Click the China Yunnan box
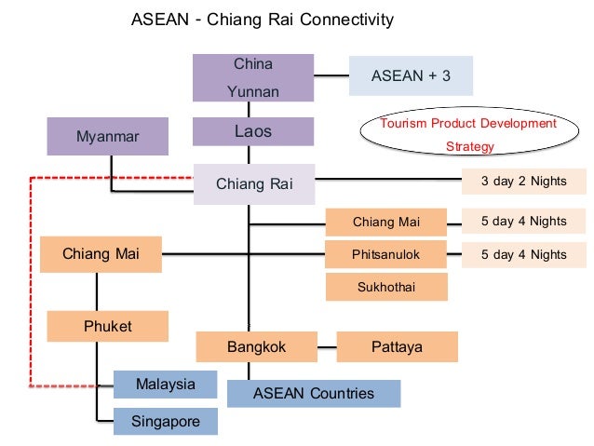[x=253, y=78]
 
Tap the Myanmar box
[x=107, y=137]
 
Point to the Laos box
[x=253, y=131]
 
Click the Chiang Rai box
[x=253, y=183]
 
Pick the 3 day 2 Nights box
[x=524, y=182]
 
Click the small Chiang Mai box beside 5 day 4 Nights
[x=386, y=222]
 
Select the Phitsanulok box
[x=386, y=254]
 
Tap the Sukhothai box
[x=386, y=286]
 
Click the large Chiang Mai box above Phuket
[x=101, y=254]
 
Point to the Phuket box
[x=108, y=327]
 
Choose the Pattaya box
[x=397, y=347]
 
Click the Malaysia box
[x=166, y=385]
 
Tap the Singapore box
[x=166, y=421]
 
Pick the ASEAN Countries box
[x=314, y=393]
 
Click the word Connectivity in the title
[x=345, y=20]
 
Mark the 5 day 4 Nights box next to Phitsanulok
[x=524, y=254]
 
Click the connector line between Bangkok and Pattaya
[x=326, y=347]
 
